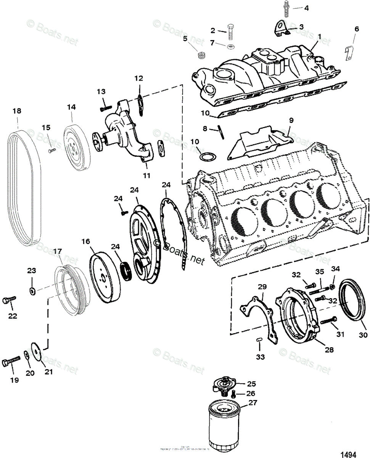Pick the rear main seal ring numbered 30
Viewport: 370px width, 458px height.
click(354, 302)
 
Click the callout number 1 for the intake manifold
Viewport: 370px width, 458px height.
click(320, 37)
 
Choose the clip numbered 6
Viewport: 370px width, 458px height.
click(348, 53)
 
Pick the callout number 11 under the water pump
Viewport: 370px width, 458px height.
click(146, 176)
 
